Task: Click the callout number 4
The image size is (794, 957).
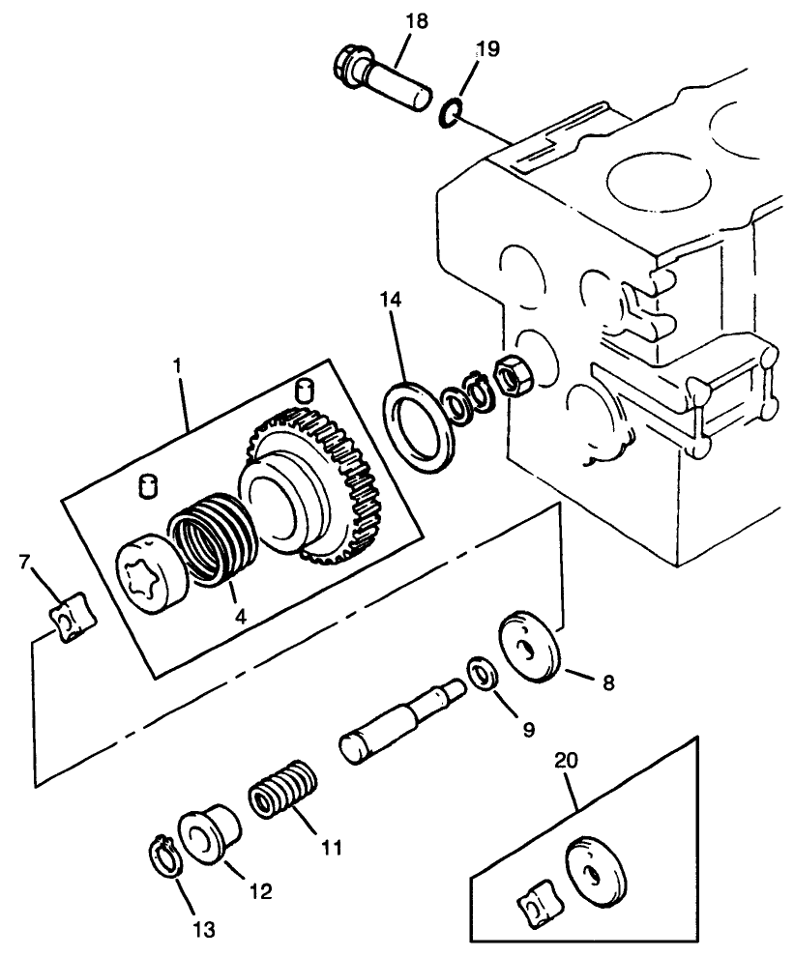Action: [238, 616]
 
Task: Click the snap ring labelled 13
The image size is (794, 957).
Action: [168, 855]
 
